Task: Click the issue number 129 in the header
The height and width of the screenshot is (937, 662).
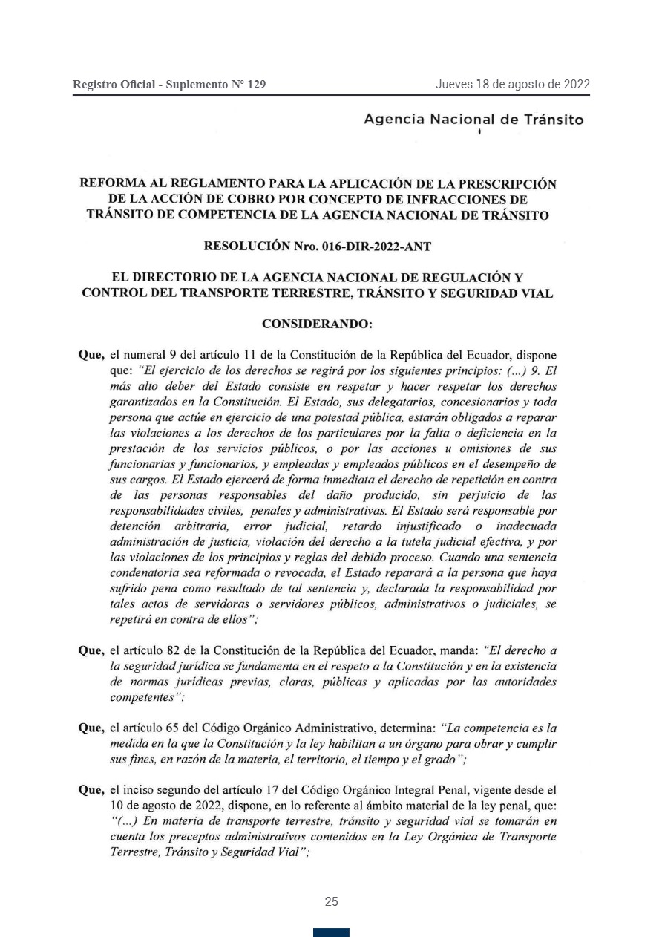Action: (x=256, y=85)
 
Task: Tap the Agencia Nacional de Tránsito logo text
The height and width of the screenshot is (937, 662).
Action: (x=473, y=120)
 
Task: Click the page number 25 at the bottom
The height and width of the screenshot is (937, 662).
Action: (x=331, y=902)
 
